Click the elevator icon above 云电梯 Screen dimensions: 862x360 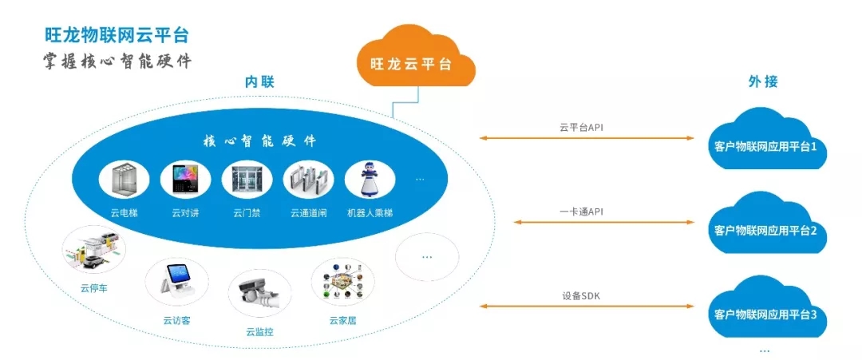[x=124, y=179]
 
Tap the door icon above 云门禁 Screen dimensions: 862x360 [x=247, y=179]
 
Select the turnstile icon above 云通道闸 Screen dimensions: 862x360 [x=308, y=179]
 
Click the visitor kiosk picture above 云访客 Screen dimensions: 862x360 [x=176, y=282]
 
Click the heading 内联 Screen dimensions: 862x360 [x=259, y=82]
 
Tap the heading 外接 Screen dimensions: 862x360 [x=763, y=82]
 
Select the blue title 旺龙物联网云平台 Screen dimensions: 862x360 [x=117, y=34]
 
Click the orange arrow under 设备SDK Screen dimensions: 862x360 [x=587, y=307]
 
